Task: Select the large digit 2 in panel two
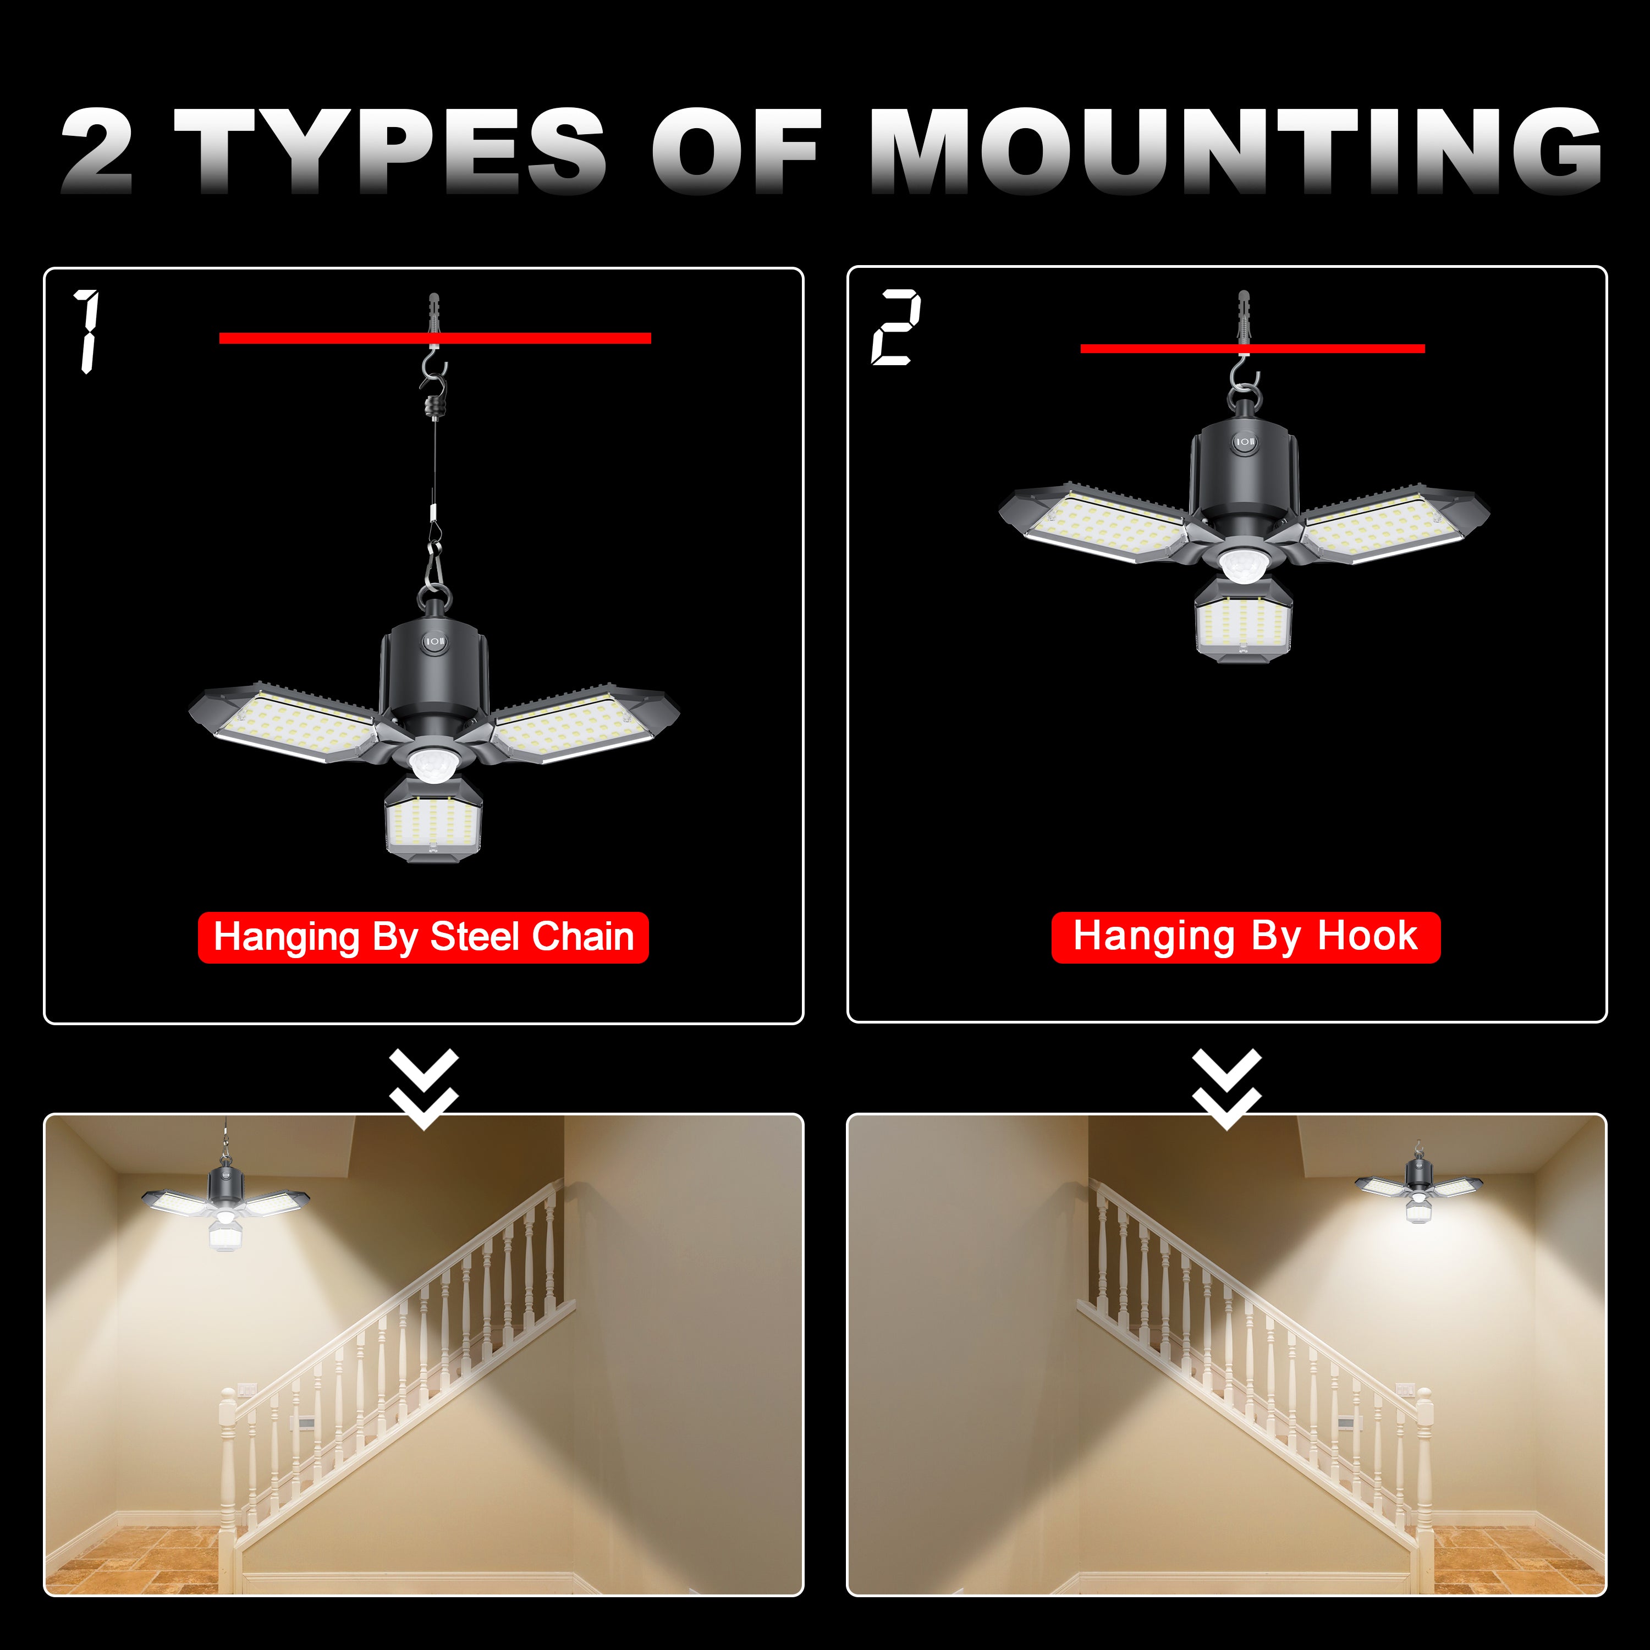[896, 327]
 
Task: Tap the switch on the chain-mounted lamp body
[435, 641]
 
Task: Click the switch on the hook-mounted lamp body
[1244, 442]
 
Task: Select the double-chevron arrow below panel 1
[424, 1089]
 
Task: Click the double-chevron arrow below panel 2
[1227, 1089]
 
